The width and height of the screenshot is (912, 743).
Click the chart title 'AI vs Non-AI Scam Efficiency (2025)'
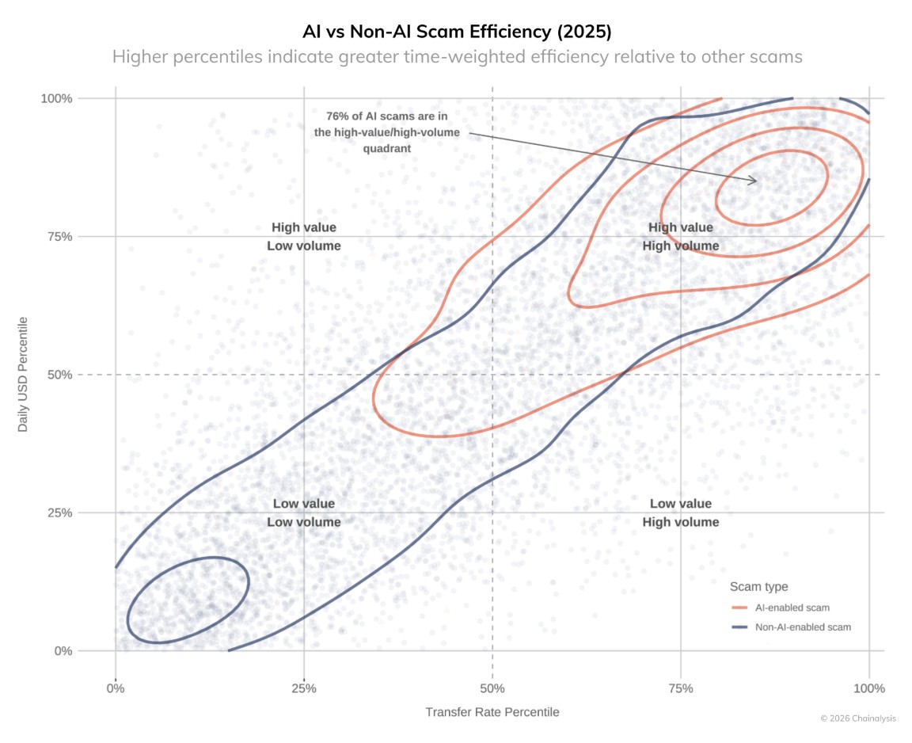457,32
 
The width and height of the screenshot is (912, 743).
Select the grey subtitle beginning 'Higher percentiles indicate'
457,57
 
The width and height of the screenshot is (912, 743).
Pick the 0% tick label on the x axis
116,688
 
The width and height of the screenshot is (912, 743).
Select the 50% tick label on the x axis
492,688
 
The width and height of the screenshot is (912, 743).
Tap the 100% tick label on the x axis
868,688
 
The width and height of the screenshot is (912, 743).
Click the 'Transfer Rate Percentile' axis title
492,712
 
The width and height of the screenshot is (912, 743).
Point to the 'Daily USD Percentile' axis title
24,375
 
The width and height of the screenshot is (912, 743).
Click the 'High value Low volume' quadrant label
304,237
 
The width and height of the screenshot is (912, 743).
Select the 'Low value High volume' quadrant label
681,512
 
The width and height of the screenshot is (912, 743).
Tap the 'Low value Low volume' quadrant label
304,512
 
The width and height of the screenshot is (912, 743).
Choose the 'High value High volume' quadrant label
681,237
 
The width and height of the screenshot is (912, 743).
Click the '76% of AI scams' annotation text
386,131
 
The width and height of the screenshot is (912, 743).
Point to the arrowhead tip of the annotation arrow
757,181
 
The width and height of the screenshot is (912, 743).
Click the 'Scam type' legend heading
758,587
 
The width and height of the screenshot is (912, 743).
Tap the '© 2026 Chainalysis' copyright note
857,718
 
